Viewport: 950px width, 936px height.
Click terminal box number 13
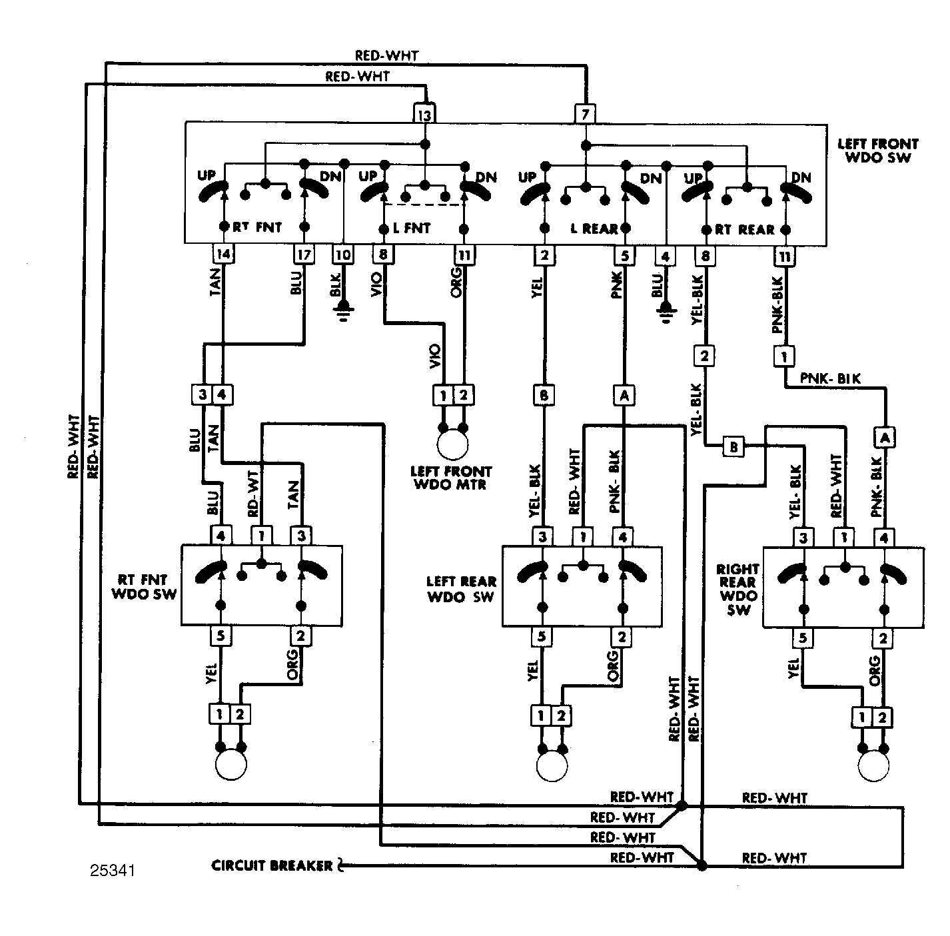[x=424, y=114]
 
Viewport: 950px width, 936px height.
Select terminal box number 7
[x=585, y=114]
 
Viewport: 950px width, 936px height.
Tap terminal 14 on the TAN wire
[x=223, y=254]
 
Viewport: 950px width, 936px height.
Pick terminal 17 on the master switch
[x=304, y=254]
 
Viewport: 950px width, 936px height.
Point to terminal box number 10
[x=343, y=254]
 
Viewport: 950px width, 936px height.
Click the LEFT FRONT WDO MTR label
[x=450, y=478]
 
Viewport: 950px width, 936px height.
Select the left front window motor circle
[x=452, y=444]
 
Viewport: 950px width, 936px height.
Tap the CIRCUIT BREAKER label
[x=272, y=865]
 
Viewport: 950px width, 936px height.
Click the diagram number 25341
[x=113, y=871]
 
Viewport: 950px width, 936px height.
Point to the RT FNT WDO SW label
[x=144, y=586]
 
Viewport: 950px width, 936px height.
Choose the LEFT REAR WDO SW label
[x=461, y=590]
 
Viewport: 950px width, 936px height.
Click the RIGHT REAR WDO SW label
[x=738, y=590]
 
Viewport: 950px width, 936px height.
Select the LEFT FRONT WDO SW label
[x=878, y=151]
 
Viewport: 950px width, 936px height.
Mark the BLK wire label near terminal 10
[x=335, y=286]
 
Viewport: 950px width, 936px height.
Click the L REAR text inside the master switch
[x=594, y=229]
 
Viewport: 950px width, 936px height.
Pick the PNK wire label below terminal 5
[x=617, y=285]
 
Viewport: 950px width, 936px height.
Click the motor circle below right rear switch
[x=873, y=766]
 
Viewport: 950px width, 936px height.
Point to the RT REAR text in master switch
[x=744, y=230]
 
